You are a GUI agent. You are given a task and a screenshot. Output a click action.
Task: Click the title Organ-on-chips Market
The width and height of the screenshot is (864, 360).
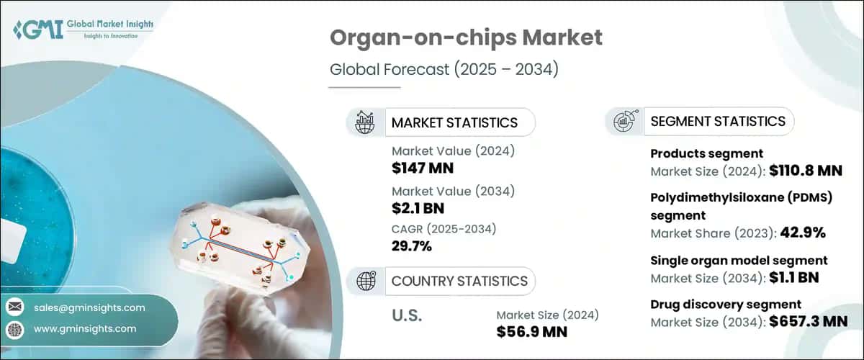coord(465,39)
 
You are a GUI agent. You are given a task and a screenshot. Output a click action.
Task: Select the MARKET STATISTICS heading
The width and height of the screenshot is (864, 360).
coord(454,122)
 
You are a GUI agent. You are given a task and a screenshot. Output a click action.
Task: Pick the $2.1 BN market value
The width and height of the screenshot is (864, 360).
coord(418,209)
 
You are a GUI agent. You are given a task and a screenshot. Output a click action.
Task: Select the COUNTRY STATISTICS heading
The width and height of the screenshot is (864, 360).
coord(459,281)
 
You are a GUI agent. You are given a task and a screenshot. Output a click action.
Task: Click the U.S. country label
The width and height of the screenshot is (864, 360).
coord(407,315)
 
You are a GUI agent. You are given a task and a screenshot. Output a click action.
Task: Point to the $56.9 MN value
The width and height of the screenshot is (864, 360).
coord(532,331)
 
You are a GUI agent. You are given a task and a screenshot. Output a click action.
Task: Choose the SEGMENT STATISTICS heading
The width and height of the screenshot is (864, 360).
coord(718,121)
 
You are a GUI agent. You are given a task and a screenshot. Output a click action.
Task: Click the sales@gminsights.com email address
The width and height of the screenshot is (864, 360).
coord(89,307)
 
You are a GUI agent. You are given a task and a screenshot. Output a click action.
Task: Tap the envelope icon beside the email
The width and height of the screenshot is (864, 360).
coord(14,307)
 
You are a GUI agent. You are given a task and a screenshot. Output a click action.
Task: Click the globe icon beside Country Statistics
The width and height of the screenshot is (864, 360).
coord(366,281)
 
